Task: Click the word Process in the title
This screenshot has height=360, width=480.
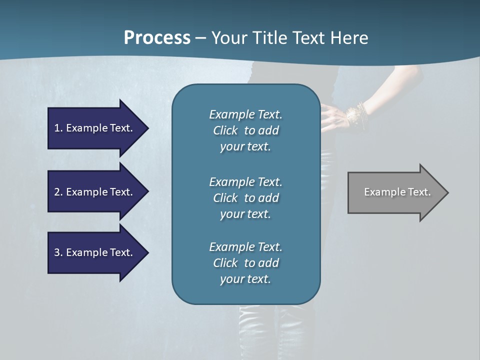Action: [157, 38]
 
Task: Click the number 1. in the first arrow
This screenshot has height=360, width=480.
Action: [58, 128]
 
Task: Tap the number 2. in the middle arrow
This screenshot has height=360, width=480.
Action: [58, 192]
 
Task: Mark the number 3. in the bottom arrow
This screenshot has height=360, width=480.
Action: [58, 252]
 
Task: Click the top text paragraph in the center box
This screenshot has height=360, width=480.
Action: [245, 130]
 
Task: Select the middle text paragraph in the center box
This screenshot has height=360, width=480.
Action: [245, 197]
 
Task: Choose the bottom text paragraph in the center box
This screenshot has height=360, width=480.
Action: [245, 263]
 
